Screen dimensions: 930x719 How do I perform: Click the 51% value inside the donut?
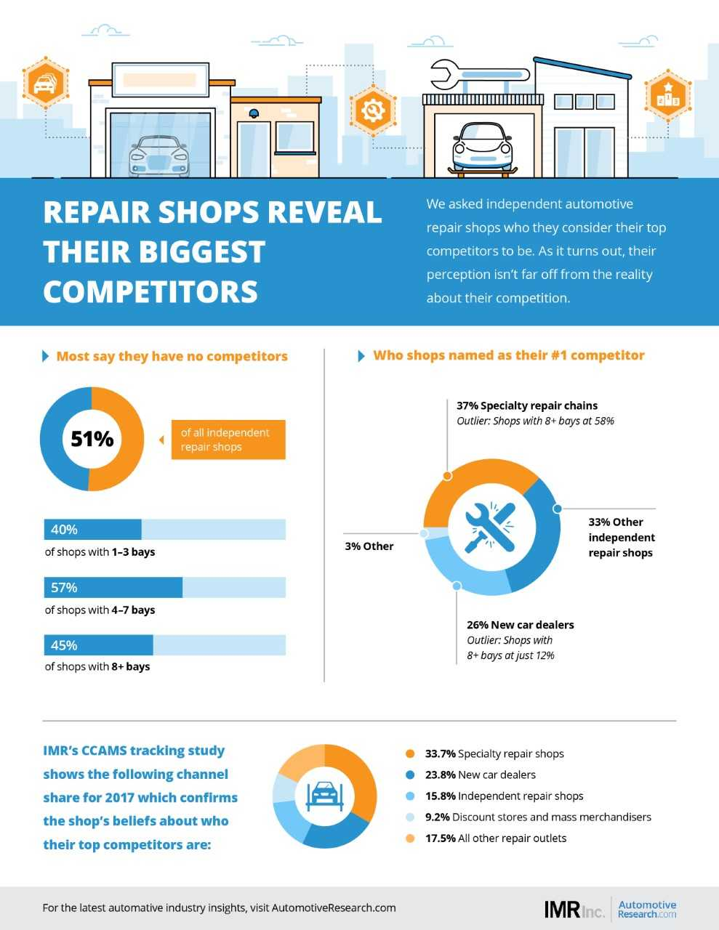click(x=92, y=439)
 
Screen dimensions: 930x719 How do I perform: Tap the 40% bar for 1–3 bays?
click(x=93, y=530)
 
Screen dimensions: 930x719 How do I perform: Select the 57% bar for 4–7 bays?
click(x=113, y=587)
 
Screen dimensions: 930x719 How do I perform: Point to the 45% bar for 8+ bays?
click(x=99, y=645)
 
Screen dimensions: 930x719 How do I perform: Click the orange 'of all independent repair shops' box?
click(x=228, y=440)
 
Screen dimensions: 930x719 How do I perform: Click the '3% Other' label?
click(x=369, y=546)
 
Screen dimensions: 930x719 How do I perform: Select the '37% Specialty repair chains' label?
click(x=527, y=405)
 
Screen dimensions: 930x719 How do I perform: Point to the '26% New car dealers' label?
click(x=520, y=625)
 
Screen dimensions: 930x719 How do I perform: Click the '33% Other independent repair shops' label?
click(x=621, y=537)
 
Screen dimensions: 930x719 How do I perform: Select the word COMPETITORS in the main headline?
click(x=150, y=291)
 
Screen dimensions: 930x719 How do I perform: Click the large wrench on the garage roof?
click(x=479, y=73)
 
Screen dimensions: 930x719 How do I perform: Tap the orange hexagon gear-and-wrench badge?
click(x=373, y=110)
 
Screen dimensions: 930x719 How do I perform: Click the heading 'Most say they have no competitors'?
click(x=172, y=356)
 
